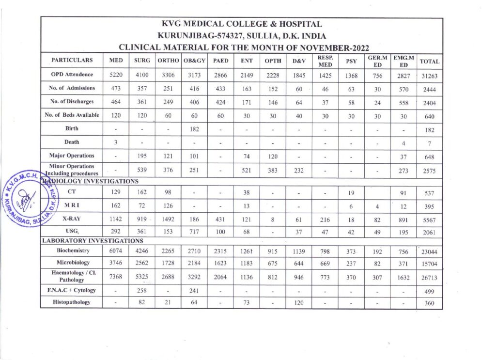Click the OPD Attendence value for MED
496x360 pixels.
pyautogui.click(x=116, y=75)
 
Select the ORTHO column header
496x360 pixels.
pyautogui.click(x=168, y=61)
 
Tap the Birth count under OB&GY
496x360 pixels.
pyautogui.click(x=194, y=129)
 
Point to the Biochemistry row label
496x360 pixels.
pyautogui.click(x=72, y=250)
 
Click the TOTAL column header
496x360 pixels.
pyautogui.click(x=429, y=62)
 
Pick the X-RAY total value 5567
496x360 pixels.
pyautogui.click(x=429, y=219)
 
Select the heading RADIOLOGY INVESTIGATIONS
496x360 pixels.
pyautogui.click(x=90, y=181)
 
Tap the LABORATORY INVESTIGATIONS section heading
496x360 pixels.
pyautogui.click(x=93, y=240)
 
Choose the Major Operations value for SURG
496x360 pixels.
pyautogui.click(x=142, y=156)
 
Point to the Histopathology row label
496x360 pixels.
pyautogui.click(x=72, y=303)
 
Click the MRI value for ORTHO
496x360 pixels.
pyautogui.click(x=168, y=205)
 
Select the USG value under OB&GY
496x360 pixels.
pyautogui.click(x=194, y=232)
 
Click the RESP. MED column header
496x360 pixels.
pyautogui.click(x=325, y=61)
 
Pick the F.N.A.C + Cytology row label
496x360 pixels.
pyautogui.click(x=72, y=290)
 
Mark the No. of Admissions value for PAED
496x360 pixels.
pyautogui.click(x=220, y=88)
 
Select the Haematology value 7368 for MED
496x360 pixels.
pyautogui.click(x=116, y=277)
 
